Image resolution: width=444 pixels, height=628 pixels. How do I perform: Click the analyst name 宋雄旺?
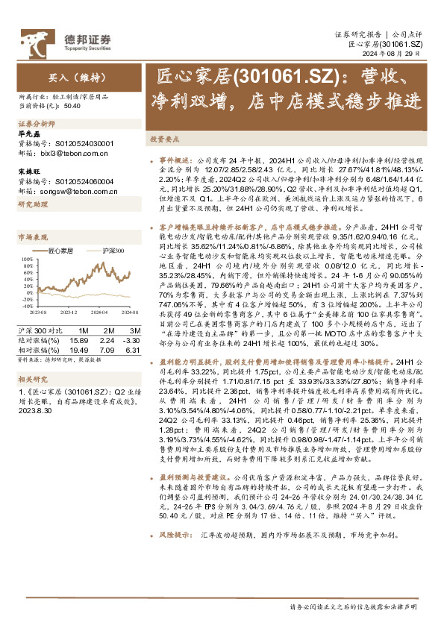[x=29, y=171]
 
